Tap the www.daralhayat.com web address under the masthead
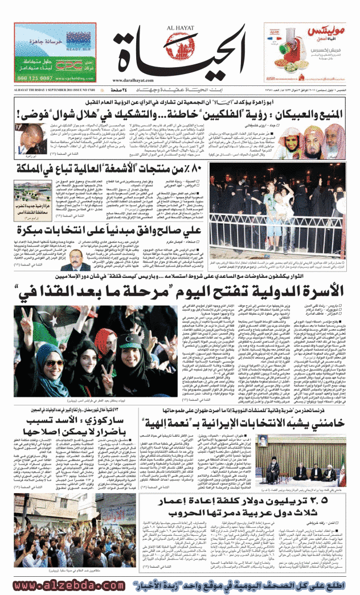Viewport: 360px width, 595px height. point(180,81)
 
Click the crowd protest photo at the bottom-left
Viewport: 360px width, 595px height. point(40,541)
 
